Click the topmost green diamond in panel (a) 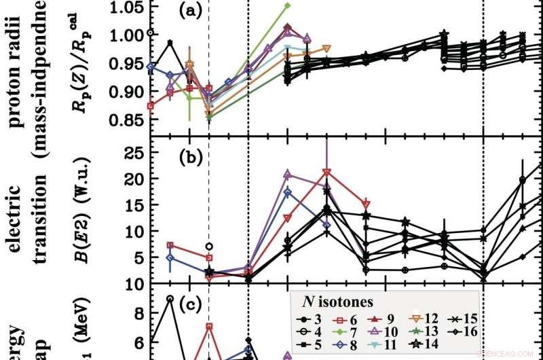287,5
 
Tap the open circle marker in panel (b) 209,246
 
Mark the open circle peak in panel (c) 170,298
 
